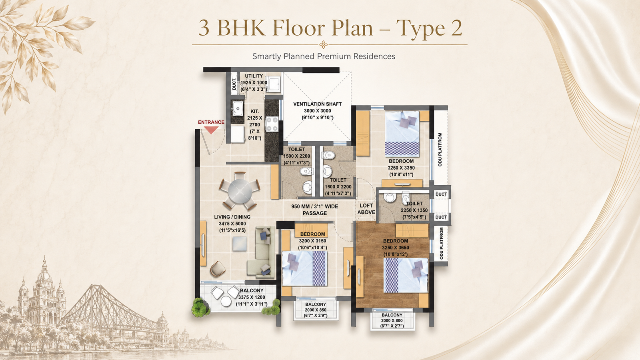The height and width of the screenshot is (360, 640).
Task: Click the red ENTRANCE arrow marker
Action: [x=211, y=130]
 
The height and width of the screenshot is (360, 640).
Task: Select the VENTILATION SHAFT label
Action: [x=318, y=104]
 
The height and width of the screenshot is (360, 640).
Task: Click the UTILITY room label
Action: [x=254, y=76]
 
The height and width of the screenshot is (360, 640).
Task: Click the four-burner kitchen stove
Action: [x=272, y=124]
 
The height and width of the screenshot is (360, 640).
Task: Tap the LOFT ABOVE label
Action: [x=366, y=209]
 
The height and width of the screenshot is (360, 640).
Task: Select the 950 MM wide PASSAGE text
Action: [x=314, y=210]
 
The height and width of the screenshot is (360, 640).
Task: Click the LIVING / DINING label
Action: [x=232, y=217]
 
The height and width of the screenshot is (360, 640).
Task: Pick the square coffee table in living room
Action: [x=240, y=244]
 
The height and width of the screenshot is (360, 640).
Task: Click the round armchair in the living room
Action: [x=218, y=268]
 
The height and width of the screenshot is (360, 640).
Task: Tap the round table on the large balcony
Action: [x=226, y=301]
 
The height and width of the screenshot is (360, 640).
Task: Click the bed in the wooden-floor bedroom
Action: [x=406, y=275]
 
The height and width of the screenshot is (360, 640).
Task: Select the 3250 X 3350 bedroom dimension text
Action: [x=401, y=168]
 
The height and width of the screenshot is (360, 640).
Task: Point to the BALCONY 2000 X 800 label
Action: [x=392, y=320]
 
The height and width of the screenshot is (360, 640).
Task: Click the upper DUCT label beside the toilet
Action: [x=441, y=194]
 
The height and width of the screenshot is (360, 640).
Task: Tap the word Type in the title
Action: [x=420, y=28]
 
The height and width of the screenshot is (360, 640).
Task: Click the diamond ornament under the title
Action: [x=324, y=45]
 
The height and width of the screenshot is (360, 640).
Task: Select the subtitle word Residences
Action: [x=374, y=56]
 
